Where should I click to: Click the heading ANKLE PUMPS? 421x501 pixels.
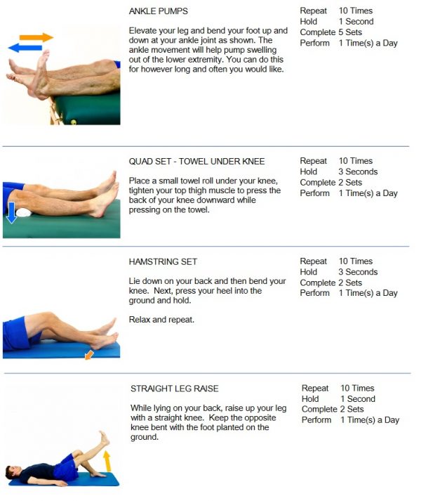click(x=158, y=12)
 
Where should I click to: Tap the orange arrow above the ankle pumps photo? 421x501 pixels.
click(x=36, y=37)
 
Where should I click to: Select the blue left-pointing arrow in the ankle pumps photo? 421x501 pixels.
click(x=25, y=48)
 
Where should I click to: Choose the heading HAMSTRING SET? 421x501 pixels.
click(x=163, y=262)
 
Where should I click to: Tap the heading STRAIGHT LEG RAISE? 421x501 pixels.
click(x=174, y=389)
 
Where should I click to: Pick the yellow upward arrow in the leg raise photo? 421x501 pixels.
click(x=107, y=461)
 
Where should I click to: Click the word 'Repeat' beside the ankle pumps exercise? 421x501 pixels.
click(x=314, y=11)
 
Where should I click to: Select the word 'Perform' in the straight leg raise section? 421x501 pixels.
click(x=316, y=420)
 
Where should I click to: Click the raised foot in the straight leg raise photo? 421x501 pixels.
click(x=104, y=438)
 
